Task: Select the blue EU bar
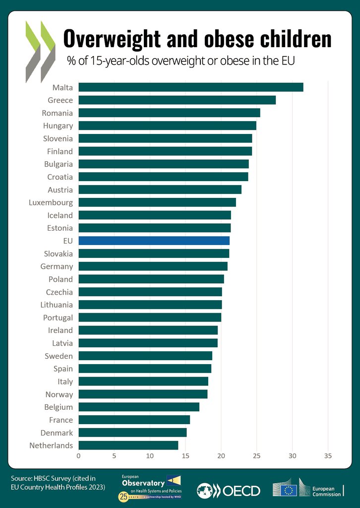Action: click(x=154, y=241)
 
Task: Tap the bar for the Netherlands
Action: click(x=128, y=445)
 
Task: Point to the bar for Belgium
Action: click(x=139, y=407)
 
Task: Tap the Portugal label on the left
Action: click(x=58, y=317)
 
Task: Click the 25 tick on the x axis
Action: click(x=257, y=455)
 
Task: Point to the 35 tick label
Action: click(x=328, y=455)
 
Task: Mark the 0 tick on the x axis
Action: click(x=78, y=455)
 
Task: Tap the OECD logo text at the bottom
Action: click(x=241, y=491)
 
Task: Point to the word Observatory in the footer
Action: click(x=143, y=483)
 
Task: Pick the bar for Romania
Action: click(x=169, y=113)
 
